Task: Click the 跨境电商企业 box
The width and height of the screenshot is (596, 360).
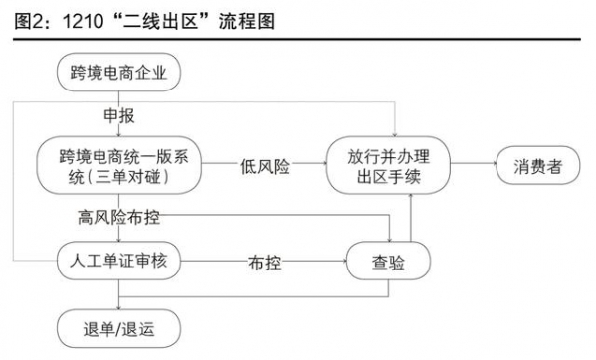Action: (x=118, y=72)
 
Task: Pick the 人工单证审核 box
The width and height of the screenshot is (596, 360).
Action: (x=118, y=264)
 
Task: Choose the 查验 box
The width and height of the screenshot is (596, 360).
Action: (x=389, y=264)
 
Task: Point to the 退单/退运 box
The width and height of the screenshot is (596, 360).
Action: (x=118, y=325)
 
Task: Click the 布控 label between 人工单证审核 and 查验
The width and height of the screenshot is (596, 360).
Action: (x=264, y=265)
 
